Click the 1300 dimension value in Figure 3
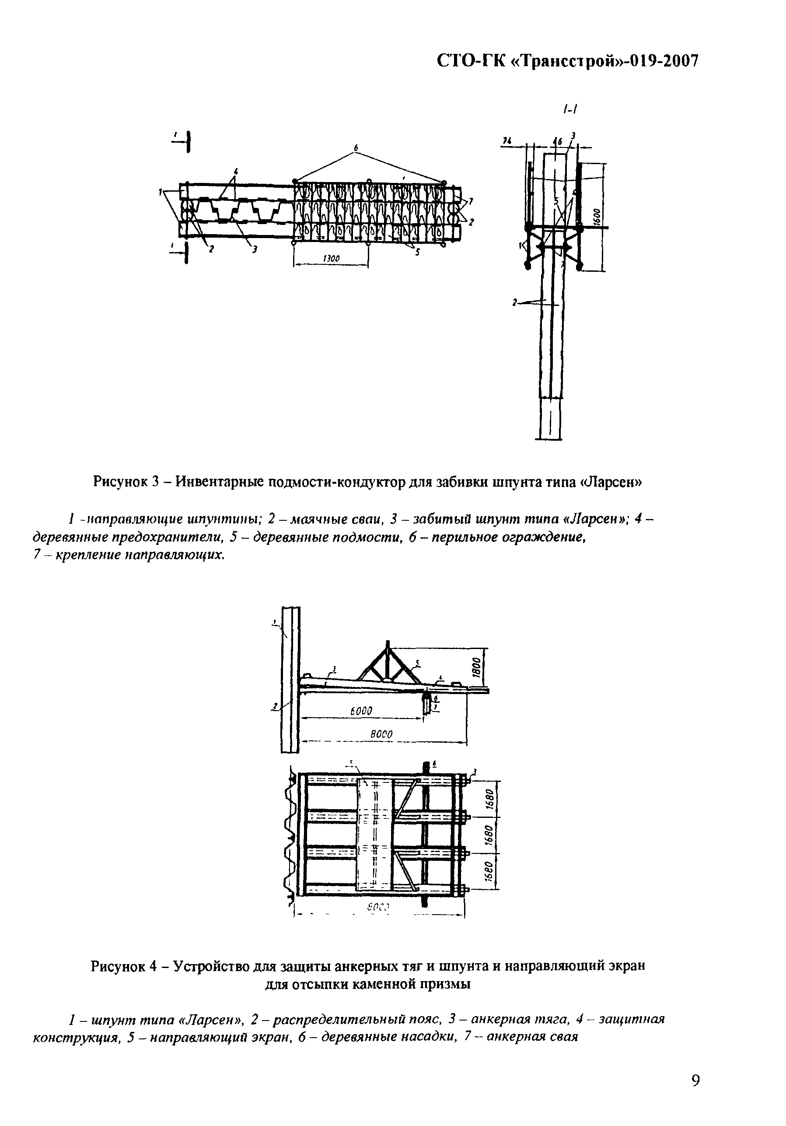pos(332,258)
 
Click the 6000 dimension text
pos(362,711)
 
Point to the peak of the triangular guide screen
pos(387,642)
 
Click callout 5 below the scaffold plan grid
pos(418,253)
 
